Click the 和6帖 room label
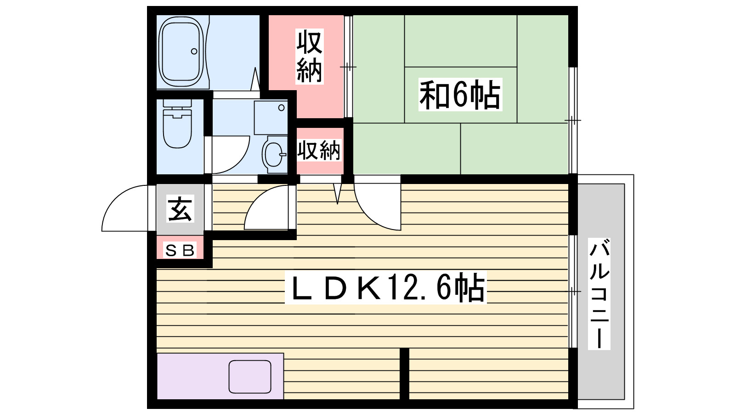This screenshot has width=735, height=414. pyautogui.click(x=460, y=95)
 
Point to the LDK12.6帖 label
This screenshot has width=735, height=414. pyautogui.click(x=386, y=287)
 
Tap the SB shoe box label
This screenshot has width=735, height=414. pyautogui.click(x=180, y=250)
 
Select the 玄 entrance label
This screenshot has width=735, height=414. pyautogui.click(x=180, y=209)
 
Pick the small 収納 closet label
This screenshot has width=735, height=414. pyautogui.click(x=319, y=150)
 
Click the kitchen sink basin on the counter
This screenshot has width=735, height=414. pyautogui.click(x=250, y=377)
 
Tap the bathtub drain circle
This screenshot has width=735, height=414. pyautogui.click(x=194, y=51)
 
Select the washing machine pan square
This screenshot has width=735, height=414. pyautogui.click(x=271, y=117)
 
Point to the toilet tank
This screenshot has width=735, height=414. pyautogui.click(x=177, y=105)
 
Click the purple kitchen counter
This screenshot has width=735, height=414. pyautogui.click(x=193, y=376)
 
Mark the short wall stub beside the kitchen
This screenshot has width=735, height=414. pyautogui.click(x=404, y=374)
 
